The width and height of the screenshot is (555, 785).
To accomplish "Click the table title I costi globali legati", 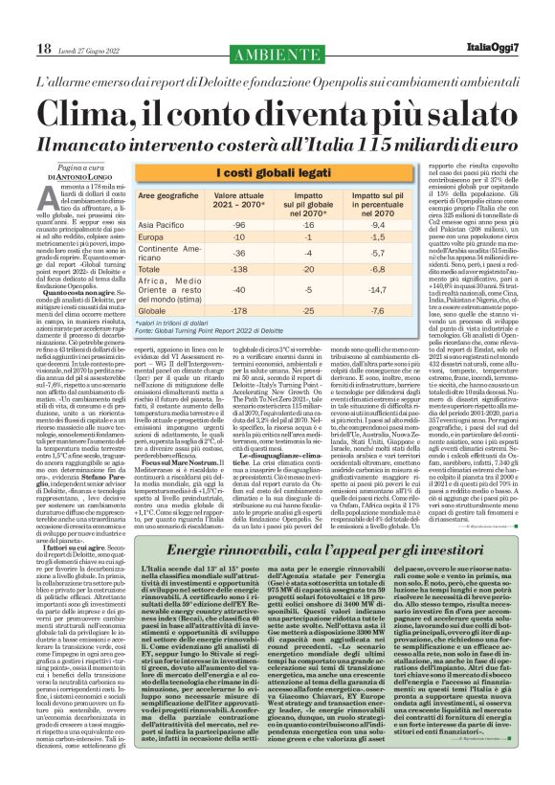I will click(x=277, y=172).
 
